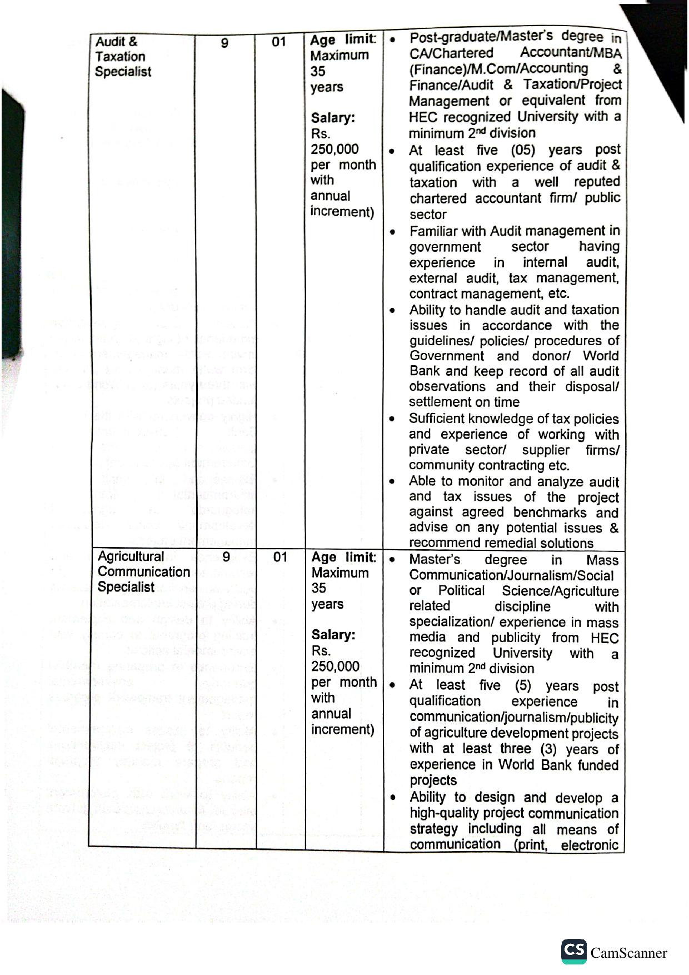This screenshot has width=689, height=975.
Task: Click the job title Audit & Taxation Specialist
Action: (122, 56)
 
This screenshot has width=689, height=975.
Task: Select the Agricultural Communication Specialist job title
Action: (143, 571)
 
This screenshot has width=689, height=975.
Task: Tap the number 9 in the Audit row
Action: (224, 42)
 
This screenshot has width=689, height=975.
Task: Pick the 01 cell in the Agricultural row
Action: (280, 557)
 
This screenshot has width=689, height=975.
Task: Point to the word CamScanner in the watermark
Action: (628, 953)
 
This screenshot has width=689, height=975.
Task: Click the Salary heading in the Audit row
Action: (333, 118)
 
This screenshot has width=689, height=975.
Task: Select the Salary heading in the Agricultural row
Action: (333, 635)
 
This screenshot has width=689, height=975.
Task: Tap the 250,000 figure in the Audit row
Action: (334, 149)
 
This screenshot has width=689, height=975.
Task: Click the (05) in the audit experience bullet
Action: (523, 150)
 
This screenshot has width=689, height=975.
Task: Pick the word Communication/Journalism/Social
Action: (511, 575)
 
